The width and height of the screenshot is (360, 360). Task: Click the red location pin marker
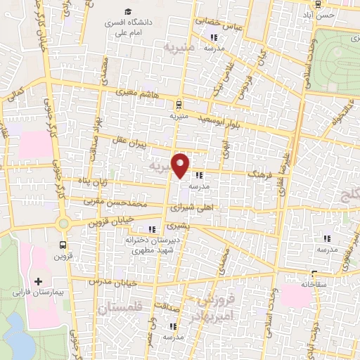click(x=181, y=165)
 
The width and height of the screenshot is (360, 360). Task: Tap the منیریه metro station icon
click(x=178, y=102)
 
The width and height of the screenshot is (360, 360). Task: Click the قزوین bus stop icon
click(x=63, y=245)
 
